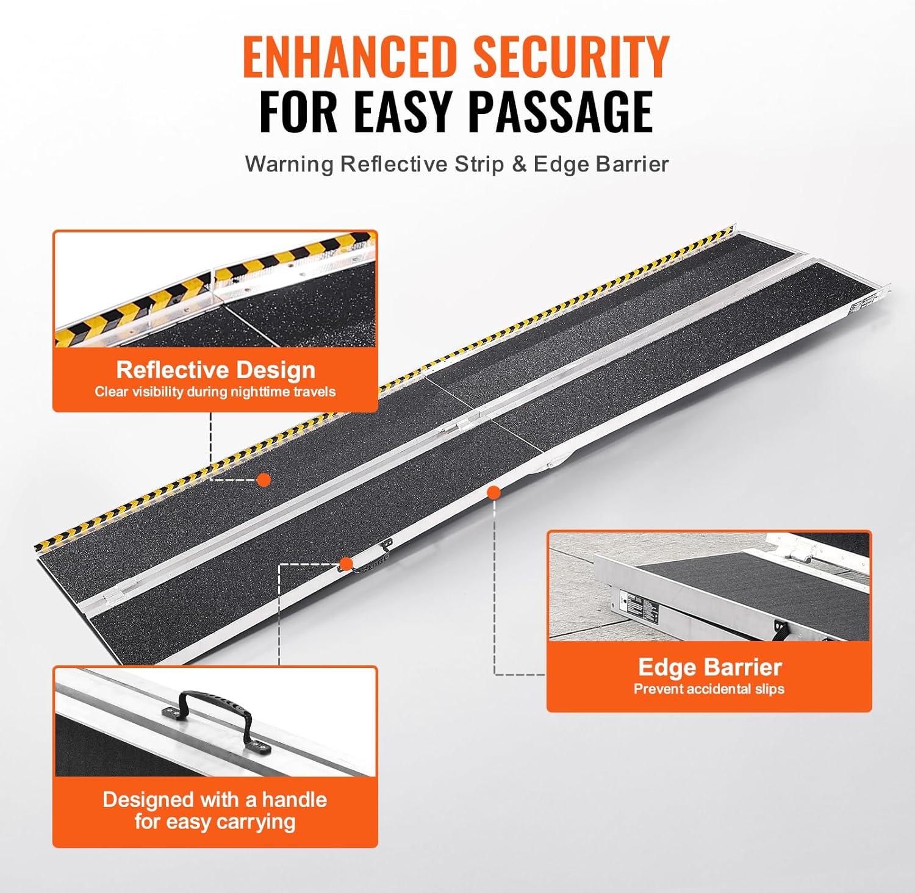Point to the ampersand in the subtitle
519,164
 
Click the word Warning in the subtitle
289,165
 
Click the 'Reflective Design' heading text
216,370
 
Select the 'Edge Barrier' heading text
709,667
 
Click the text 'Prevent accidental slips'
709,689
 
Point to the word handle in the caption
294,799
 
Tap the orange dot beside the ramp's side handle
346,564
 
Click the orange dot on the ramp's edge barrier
494,492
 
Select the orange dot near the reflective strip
264,479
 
